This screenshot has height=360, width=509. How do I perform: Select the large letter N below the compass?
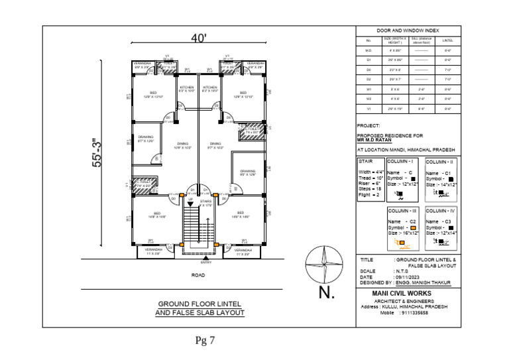click(x=327, y=292)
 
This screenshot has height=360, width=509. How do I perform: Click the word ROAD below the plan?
click(x=198, y=274)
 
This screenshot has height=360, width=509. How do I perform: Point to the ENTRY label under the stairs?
click(x=206, y=262)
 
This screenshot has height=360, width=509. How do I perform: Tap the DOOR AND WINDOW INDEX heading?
click(x=408, y=31)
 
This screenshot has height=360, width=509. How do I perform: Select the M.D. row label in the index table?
click(x=368, y=50)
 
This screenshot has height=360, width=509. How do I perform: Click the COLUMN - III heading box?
click(x=403, y=210)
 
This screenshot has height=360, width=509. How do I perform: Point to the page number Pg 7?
click(x=205, y=341)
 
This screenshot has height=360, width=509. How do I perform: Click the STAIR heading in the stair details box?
click(x=366, y=161)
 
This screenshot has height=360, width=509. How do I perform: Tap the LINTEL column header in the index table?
click(x=448, y=40)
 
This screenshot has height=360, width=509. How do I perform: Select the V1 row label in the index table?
click(x=368, y=107)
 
